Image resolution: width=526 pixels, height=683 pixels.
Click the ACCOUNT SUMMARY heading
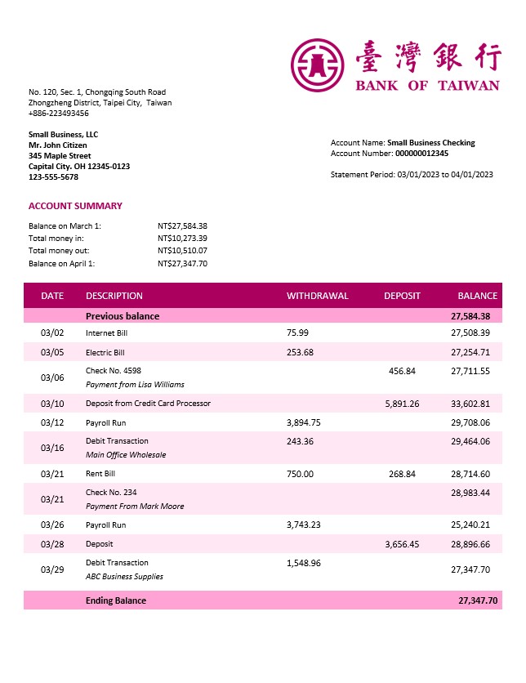click(x=75, y=206)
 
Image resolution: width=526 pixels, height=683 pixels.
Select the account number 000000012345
click(x=421, y=153)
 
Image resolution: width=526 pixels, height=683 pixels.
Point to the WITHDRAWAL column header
click(x=317, y=296)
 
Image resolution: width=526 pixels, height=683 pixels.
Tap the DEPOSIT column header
click(x=402, y=296)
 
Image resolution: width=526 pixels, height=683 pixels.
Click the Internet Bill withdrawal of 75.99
click(x=297, y=333)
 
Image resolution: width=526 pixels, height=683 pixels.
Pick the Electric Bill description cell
click(x=105, y=353)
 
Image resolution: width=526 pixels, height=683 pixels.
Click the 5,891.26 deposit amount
click(x=402, y=404)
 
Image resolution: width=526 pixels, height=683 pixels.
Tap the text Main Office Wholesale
click(x=125, y=455)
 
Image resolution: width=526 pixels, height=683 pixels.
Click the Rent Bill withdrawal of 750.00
click(x=300, y=474)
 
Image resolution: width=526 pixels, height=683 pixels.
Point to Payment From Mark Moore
click(x=134, y=507)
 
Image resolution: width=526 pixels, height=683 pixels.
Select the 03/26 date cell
click(x=51, y=525)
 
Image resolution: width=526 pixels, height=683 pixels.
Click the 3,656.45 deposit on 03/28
click(x=402, y=544)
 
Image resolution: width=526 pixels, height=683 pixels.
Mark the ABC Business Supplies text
click(x=124, y=577)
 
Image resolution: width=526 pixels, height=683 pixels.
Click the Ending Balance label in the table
click(x=116, y=600)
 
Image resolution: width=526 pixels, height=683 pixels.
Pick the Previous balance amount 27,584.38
click(x=470, y=316)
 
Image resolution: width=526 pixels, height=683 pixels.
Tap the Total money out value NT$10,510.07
click(x=182, y=251)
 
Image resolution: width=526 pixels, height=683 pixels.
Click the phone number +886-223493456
click(x=59, y=114)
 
